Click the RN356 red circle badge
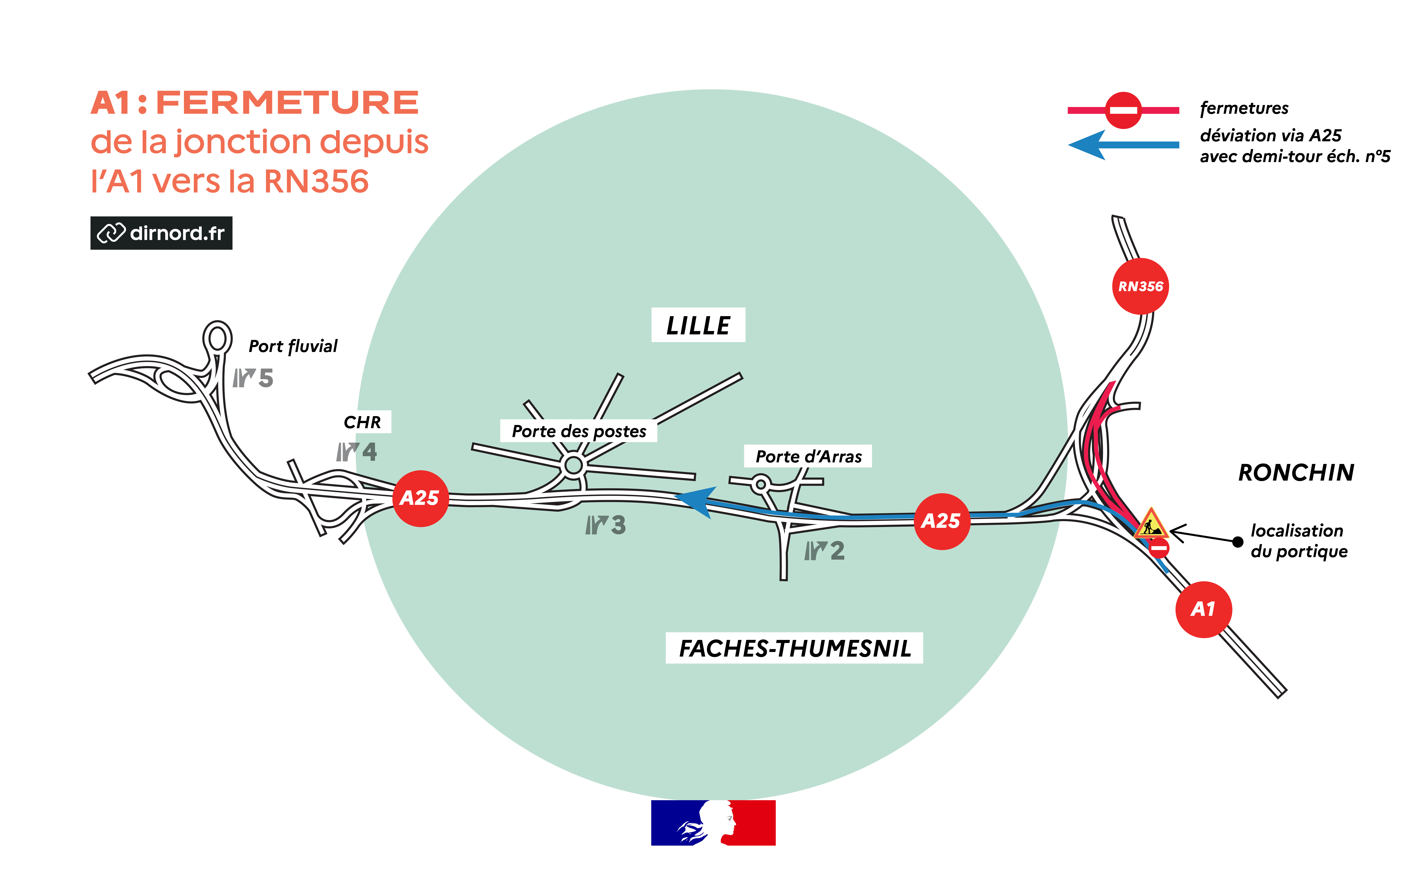click(1140, 286)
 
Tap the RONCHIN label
click(1296, 473)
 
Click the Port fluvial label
click(293, 346)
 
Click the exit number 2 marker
click(825, 551)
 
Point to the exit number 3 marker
click(605, 524)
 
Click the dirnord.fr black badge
click(161, 233)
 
